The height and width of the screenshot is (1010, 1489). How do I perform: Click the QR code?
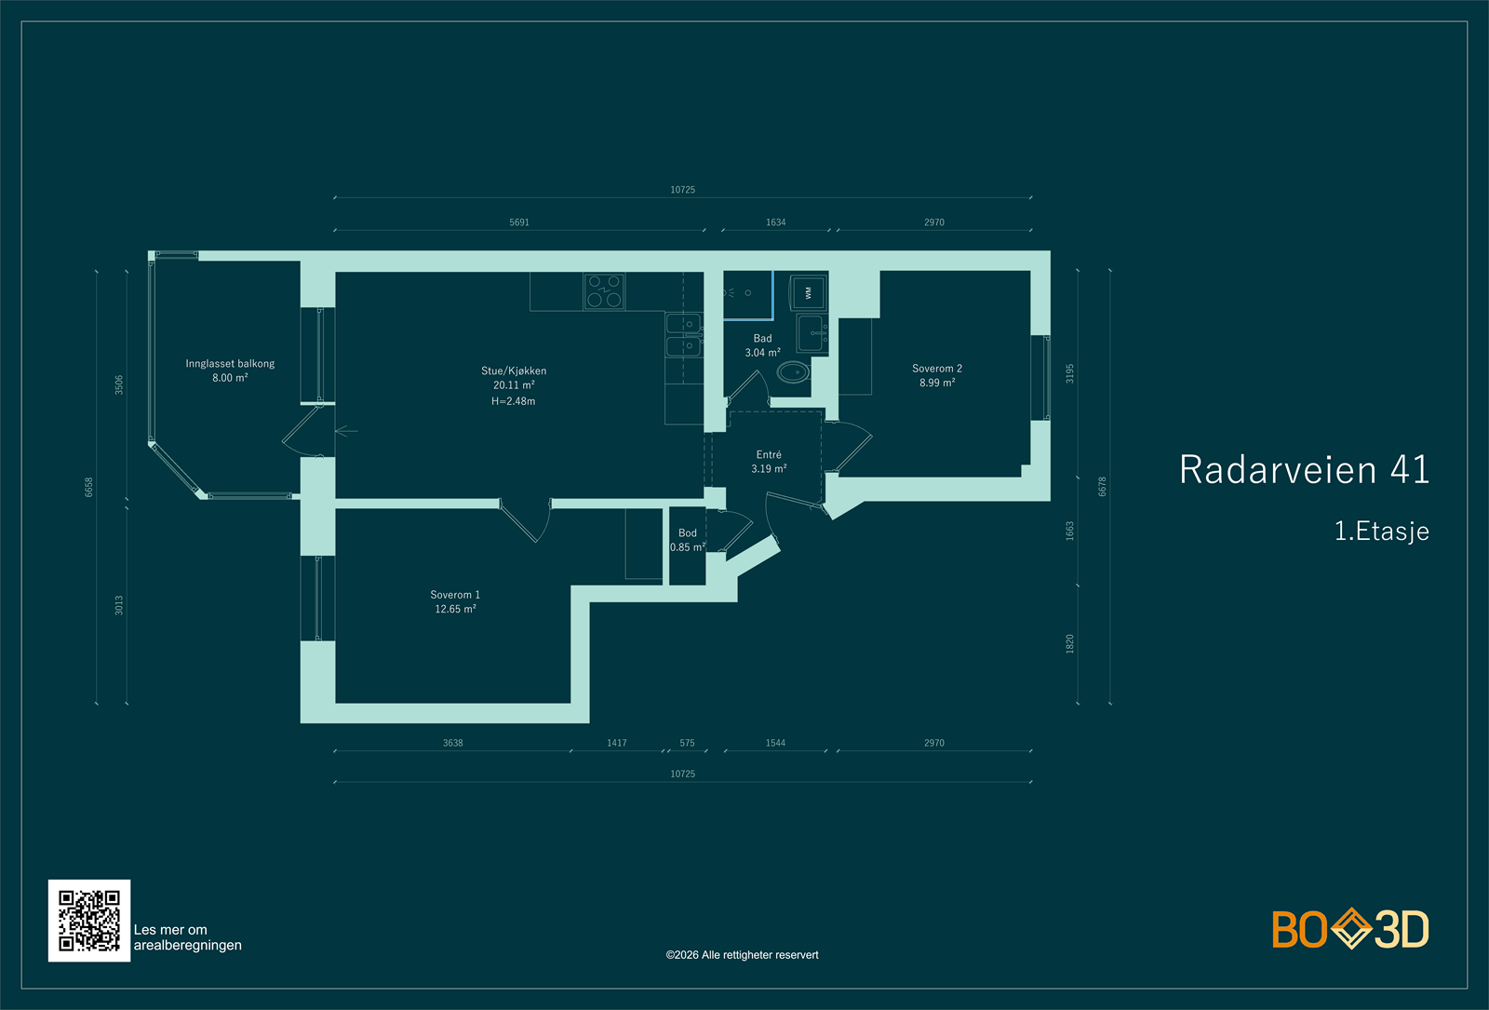(89, 921)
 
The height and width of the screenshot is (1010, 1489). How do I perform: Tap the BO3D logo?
(1350, 928)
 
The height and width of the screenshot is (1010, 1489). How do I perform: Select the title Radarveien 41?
(1304, 469)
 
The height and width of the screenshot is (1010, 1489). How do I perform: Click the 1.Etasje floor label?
(1381, 531)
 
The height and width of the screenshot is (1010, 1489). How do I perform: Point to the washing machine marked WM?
(808, 292)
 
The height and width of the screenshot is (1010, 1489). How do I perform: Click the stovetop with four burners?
(604, 291)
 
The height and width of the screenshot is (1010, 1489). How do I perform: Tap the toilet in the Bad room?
(793, 371)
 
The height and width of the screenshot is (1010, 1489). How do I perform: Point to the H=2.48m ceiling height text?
(513, 401)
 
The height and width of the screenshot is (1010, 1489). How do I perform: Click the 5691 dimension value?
(519, 222)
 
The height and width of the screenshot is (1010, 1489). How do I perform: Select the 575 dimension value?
(687, 743)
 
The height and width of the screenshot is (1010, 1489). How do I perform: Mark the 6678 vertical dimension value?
(1102, 487)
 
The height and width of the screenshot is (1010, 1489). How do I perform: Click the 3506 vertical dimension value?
(119, 385)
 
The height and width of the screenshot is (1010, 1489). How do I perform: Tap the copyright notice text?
(742, 955)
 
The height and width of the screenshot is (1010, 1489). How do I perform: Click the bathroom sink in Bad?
(812, 333)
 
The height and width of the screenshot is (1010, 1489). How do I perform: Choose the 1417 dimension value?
(616, 743)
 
